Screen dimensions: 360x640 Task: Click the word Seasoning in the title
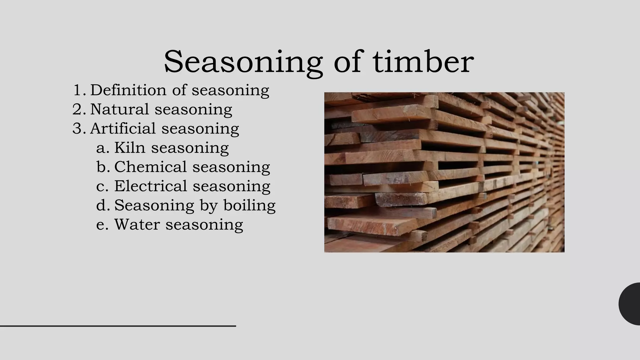[243, 62]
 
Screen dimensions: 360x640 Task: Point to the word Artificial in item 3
[123, 128]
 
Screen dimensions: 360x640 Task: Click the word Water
[137, 224]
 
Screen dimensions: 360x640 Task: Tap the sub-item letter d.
[102, 205]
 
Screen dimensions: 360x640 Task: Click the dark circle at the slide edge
[631, 304]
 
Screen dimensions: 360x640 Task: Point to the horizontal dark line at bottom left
[118, 326]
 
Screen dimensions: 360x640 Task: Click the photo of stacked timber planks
[444, 172]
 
